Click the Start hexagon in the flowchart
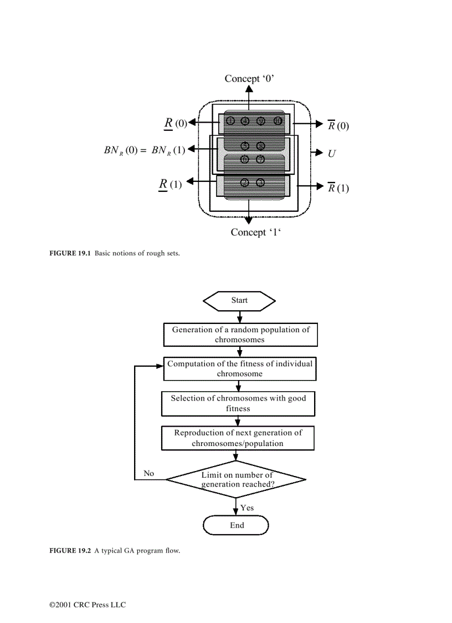(x=239, y=300)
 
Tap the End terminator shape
(x=237, y=525)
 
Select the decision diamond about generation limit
(x=237, y=479)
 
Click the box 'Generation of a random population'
(x=240, y=335)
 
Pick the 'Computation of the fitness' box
(x=240, y=369)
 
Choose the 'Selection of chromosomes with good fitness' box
(x=238, y=403)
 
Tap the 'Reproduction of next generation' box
(x=238, y=438)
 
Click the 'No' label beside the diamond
(x=148, y=473)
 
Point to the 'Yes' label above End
(x=247, y=508)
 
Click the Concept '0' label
(x=249, y=79)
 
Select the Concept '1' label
(x=256, y=232)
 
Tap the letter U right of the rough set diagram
(x=332, y=153)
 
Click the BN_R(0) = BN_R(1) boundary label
(x=145, y=150)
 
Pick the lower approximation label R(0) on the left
(x=175, y=123)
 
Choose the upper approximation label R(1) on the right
(x=338, y=188)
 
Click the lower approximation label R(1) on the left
(x=170, y=184)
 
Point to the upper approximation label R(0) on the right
(x=338, y=125)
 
